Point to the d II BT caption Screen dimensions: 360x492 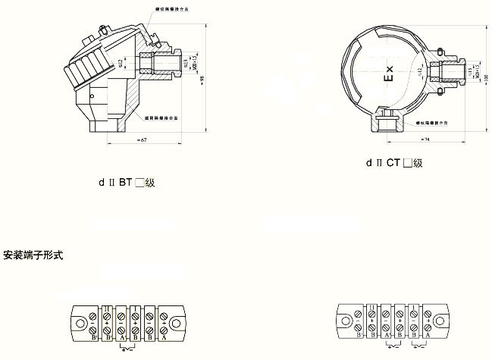(x=122, y=183)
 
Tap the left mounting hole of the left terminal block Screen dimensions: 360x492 (x=79, y=321)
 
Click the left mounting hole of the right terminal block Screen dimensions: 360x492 (x=345, y=321)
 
